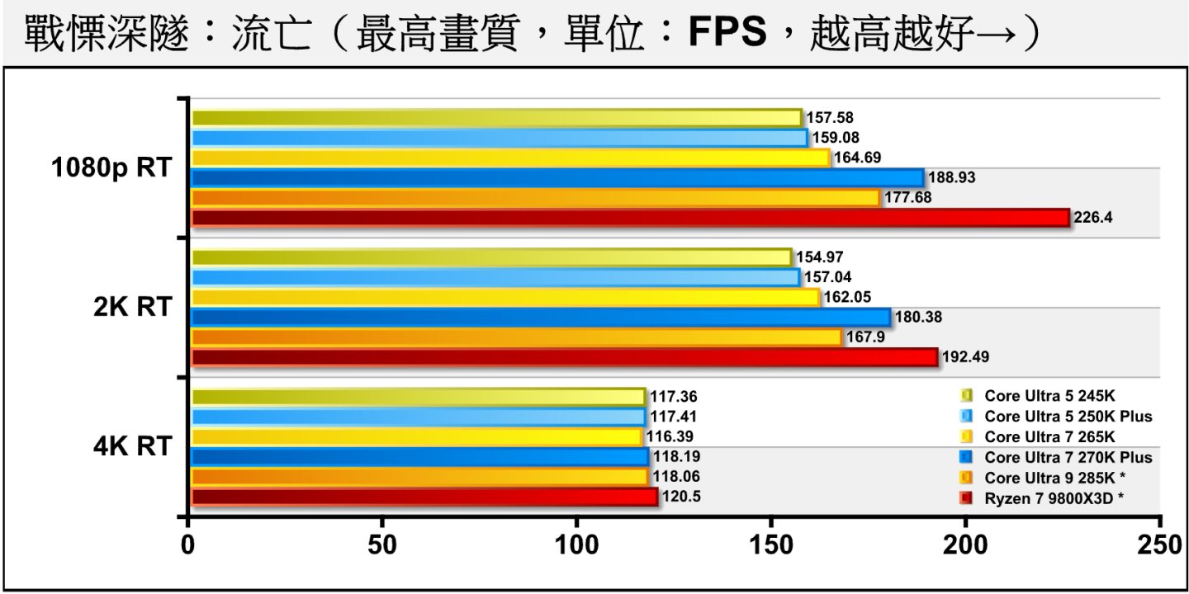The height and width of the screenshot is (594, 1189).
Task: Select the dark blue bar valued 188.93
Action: pyautogui.click(x=557, y=178)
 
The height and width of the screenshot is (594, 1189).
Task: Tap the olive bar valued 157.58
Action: pyautogui.click(x=496, y=118)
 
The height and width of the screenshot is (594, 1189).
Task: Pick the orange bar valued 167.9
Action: pyautogui.click(x=516, y=337)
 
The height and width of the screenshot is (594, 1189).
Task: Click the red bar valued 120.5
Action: pyautogui.click(x=424, y=497)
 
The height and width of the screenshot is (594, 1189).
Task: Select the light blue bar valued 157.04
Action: pyautogui.click(x=495, y=277)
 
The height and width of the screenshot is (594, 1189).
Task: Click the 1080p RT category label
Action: pyautogui.click(x=111, y=167)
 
